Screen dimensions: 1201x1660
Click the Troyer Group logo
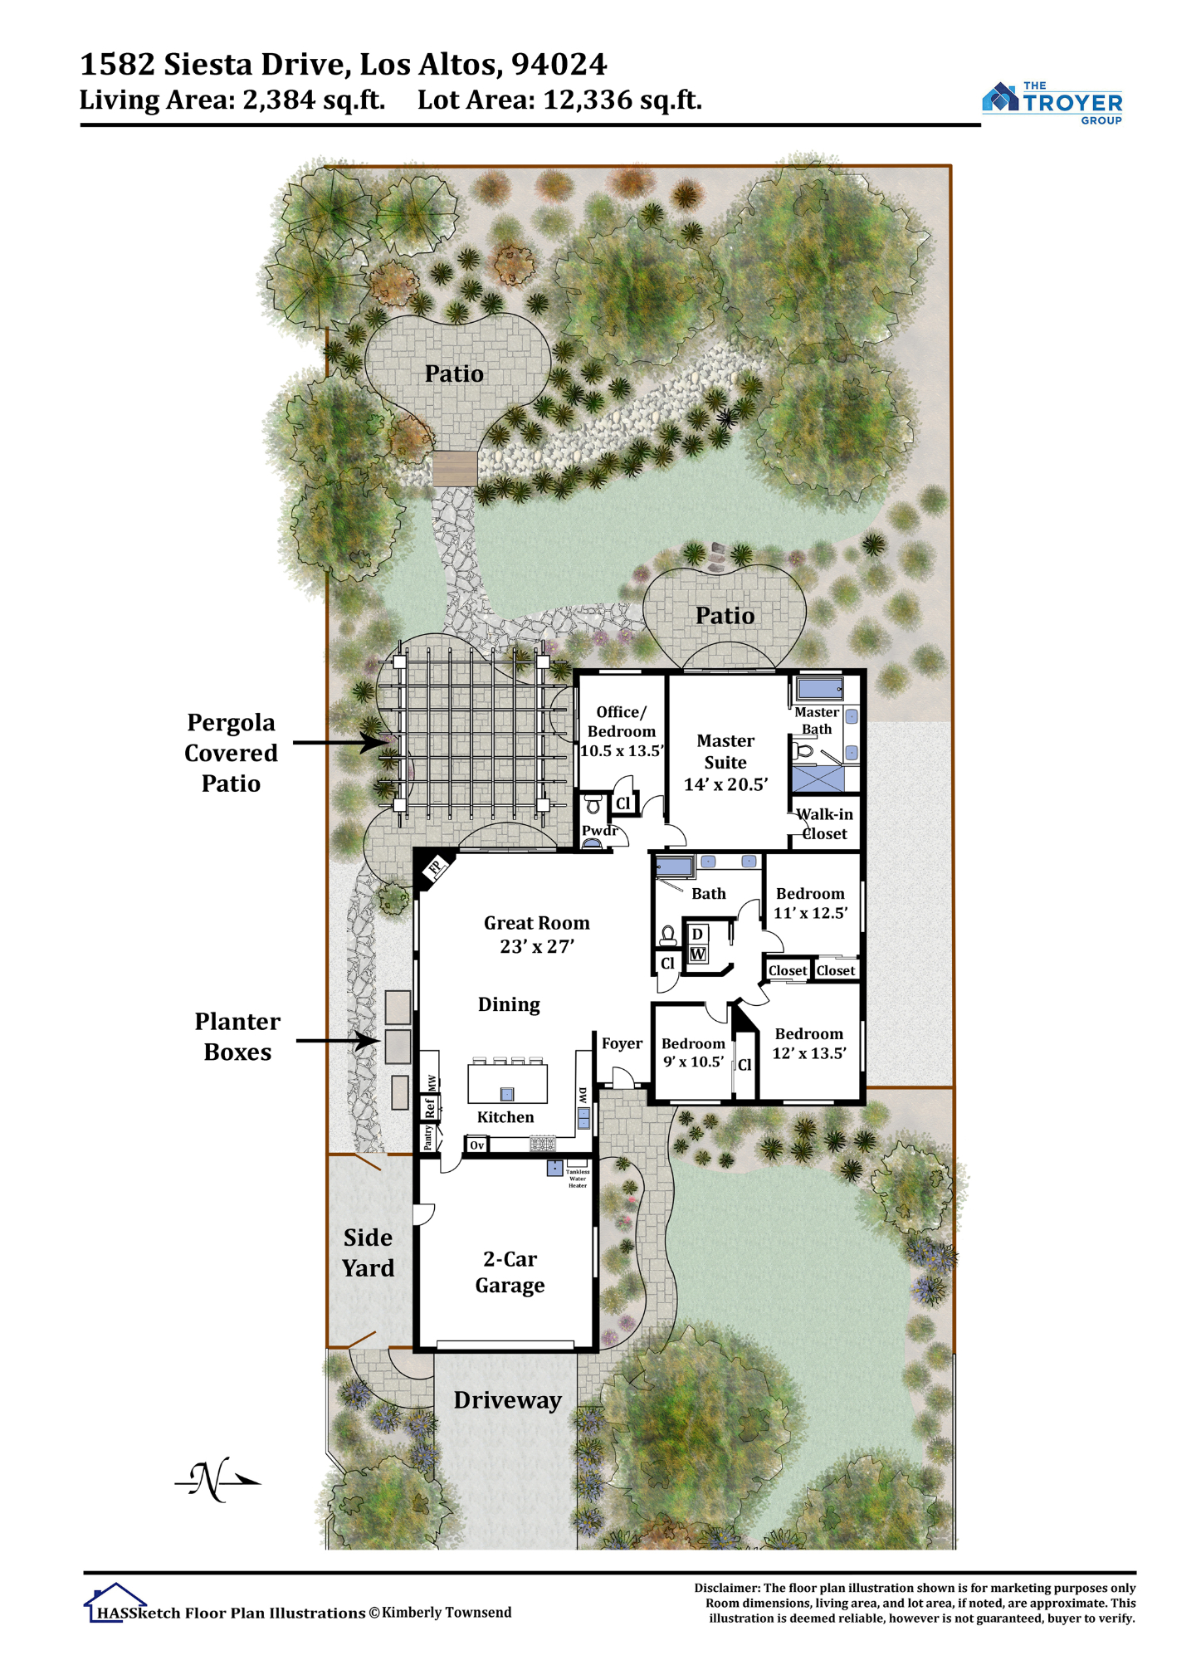coord(1052,102)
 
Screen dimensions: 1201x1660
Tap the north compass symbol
coord(217,1480)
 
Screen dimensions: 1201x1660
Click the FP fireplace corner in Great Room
coord(433,868)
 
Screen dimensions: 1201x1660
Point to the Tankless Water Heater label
coord(578,1178)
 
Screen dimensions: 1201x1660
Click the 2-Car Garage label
coord(510,1272)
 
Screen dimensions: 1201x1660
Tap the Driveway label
coord(508,1400)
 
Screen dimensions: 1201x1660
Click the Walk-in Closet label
coord(824,824)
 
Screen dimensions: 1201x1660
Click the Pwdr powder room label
coord(599,831)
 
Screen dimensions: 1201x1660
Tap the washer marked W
coord(698,954)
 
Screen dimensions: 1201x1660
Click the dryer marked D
coord(698,934)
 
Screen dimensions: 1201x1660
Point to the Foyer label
coord(622,1043)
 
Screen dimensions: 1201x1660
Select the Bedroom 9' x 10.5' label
coord(693,1052)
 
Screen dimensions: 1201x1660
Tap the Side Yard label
coord(369,1252)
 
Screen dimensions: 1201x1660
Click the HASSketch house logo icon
coord(115,1603)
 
